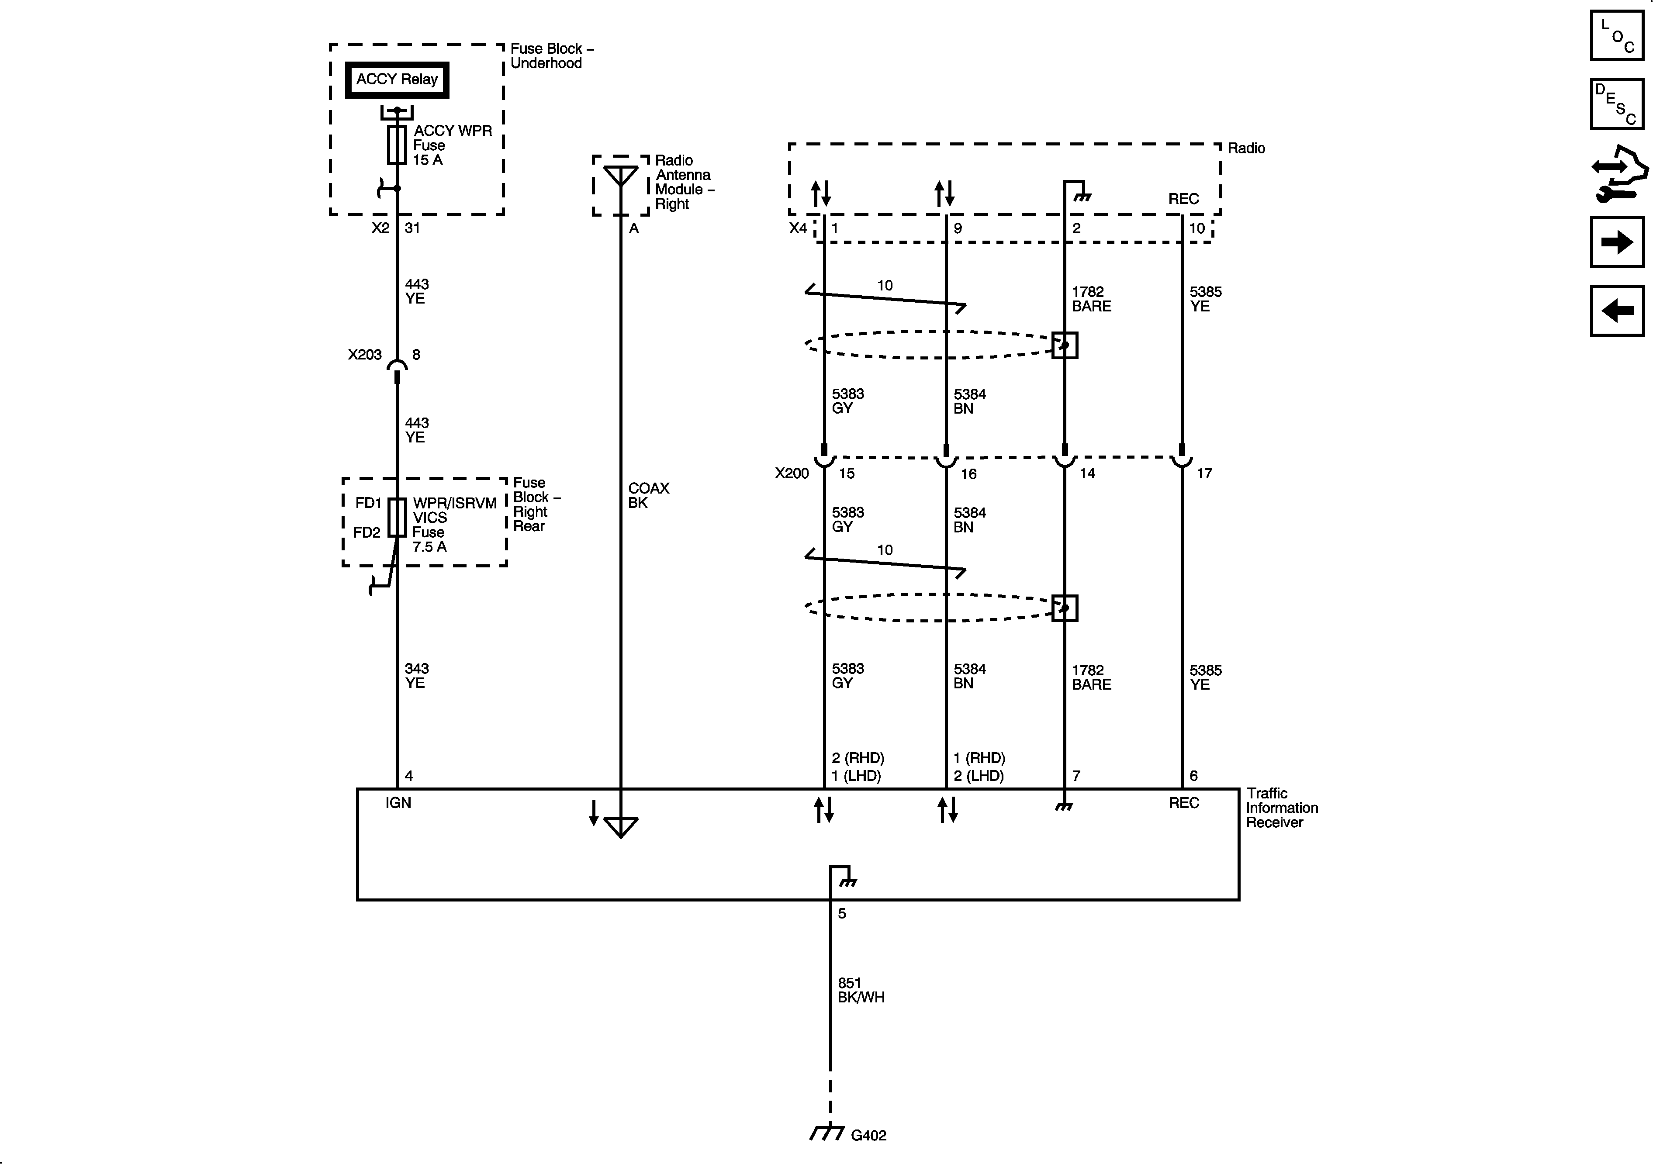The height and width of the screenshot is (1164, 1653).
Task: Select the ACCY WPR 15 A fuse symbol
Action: [397, 145]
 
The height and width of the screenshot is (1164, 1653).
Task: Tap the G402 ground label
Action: [868, 1135]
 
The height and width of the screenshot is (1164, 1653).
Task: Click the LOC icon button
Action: [1617, 35]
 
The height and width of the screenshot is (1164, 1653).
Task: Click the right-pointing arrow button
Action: [1617, 242]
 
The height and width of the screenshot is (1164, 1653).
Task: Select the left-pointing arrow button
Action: [1617, 311]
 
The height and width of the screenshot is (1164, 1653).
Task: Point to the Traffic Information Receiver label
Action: [1282, 808]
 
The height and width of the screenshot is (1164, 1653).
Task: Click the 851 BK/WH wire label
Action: [860, 990]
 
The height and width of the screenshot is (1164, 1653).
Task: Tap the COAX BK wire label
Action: [648, 495]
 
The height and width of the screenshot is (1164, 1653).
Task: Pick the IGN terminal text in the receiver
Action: [398, 803]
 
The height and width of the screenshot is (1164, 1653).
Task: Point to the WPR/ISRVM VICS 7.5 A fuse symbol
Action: [397, 518]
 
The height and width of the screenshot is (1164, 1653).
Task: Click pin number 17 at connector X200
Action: [1204, 473]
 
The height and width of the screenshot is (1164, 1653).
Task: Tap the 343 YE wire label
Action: [416, 675]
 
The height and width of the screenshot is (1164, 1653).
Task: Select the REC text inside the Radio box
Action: [1183, 199]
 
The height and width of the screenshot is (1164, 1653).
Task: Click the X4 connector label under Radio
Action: [798, 228]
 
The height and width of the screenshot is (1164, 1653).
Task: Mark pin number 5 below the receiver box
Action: [842, 913]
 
